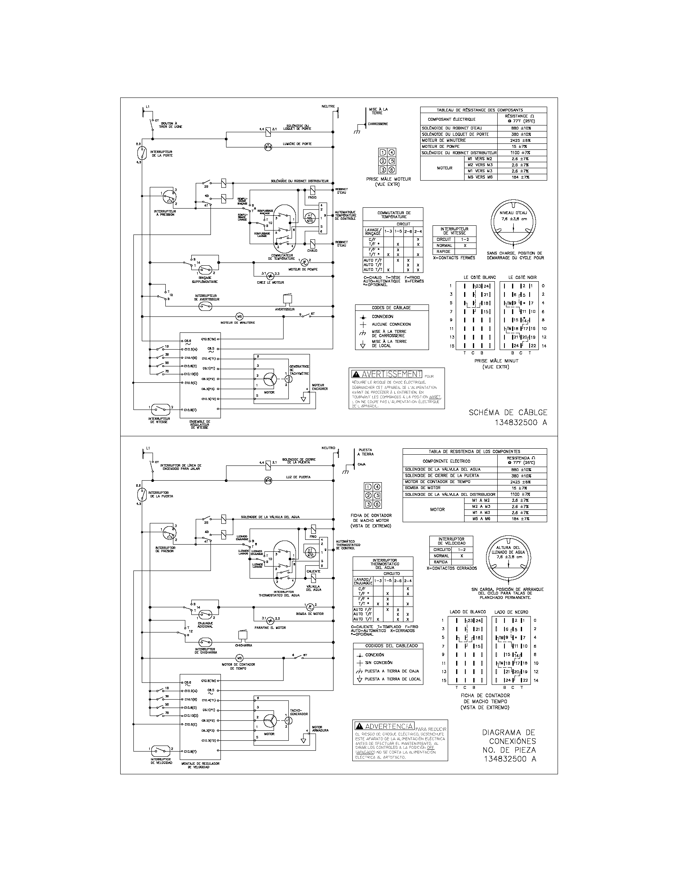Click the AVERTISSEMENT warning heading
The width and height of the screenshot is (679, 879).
point(391,374)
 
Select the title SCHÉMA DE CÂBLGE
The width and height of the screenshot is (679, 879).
point(508,413)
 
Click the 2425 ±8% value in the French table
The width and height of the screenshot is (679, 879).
point(521,141)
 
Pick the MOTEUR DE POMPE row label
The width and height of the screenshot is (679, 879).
point(441,147)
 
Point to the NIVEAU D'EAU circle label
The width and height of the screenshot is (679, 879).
point(513,213)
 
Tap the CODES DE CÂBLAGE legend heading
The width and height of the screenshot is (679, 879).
point(391,308)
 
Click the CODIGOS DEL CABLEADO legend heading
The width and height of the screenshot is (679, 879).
point(388,646)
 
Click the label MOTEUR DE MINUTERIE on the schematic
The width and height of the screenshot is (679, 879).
point(238,322)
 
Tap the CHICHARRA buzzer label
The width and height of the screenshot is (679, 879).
point(244,645)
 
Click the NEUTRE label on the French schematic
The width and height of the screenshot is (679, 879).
point(328,106)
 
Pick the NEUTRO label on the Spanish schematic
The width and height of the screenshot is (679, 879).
point(328,447)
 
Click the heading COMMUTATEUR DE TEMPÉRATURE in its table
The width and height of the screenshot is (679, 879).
point(393,215)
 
